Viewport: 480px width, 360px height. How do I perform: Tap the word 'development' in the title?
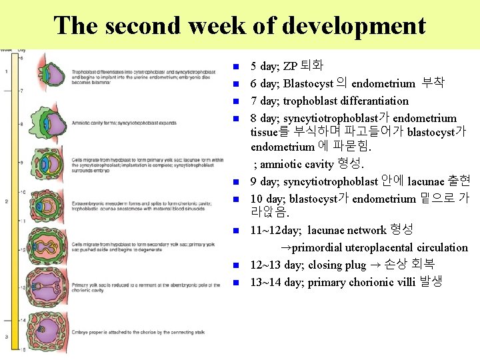[x=353, y=25]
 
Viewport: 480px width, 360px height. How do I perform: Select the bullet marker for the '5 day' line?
[x=236, y=67]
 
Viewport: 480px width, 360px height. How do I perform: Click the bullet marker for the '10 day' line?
[x=236, y=199]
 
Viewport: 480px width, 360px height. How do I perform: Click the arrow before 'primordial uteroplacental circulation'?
[x=285, y=247]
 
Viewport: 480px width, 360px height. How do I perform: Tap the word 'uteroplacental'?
[x=379, y=247]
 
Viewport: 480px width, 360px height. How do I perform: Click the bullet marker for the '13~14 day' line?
[x=236, y=283]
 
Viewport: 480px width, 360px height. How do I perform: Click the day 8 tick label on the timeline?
[x=21, y=124]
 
